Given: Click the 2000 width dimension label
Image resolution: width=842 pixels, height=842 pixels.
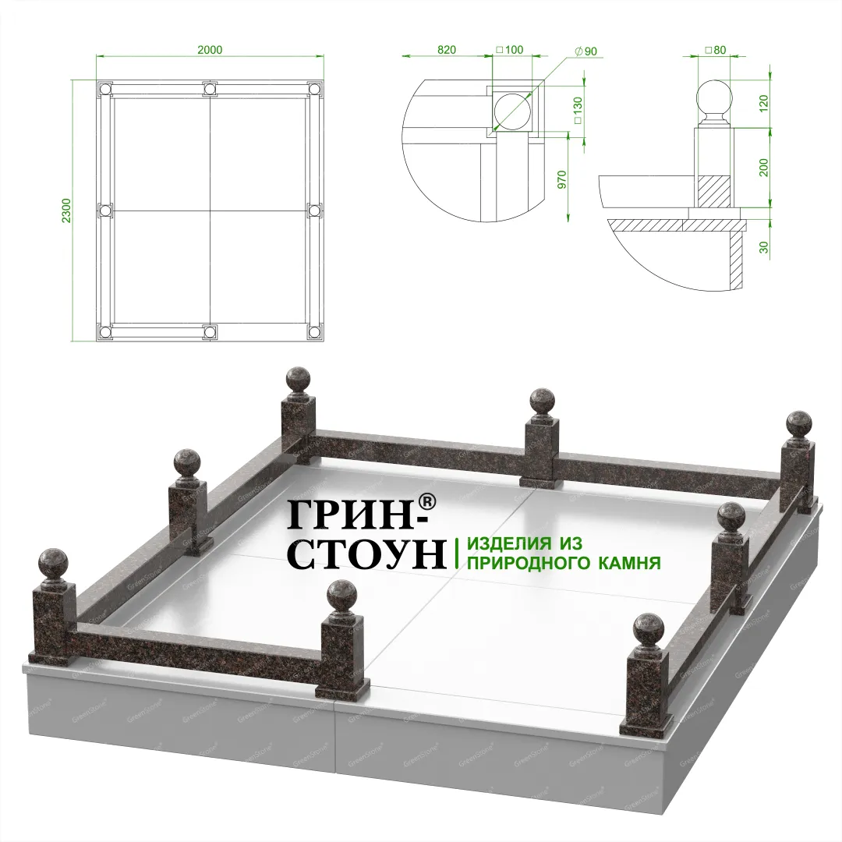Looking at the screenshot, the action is point(210,50).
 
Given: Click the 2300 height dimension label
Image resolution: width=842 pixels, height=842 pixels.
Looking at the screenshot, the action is point(66,211).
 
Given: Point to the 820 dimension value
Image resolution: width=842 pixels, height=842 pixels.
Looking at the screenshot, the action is point(447,50).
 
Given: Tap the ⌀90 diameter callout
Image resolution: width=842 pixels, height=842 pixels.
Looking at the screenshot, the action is point(586,51).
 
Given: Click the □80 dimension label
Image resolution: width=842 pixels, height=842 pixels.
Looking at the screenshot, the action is point(715,50).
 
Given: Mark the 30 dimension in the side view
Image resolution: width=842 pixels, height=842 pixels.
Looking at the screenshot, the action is point(765,247).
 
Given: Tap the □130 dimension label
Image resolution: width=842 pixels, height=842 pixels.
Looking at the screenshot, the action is point(578,110).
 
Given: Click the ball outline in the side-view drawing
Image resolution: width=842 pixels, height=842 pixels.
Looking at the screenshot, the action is point(714,97).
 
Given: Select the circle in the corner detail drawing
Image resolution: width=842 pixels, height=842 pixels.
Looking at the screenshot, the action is point(511,111).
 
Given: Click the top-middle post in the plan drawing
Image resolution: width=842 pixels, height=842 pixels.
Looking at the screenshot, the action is point(210,89).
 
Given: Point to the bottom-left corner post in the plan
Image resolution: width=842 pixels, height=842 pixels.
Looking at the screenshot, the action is point(104,333).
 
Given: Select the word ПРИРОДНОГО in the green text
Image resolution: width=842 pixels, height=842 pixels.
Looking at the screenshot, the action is point(525,563).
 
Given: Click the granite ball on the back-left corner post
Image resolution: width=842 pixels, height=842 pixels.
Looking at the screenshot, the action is point(299,380).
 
